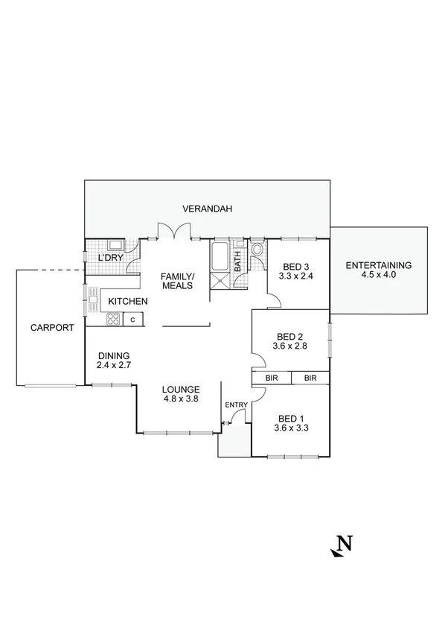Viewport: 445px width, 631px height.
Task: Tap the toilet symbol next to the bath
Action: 257,250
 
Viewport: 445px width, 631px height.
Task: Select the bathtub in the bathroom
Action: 221,256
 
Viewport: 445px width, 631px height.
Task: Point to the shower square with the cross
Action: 221,280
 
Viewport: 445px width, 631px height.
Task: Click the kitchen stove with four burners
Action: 112,320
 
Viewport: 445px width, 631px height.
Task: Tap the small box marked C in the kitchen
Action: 132,320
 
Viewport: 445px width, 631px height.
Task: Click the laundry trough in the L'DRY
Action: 115,245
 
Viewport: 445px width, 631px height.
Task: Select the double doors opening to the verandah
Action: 174,232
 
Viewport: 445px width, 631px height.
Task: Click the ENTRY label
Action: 236,405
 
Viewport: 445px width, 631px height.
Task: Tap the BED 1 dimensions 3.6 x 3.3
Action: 291,428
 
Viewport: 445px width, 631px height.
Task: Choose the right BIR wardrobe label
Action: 310,378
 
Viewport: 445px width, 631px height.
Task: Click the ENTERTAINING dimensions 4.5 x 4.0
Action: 379,275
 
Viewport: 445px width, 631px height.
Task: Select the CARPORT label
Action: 51,327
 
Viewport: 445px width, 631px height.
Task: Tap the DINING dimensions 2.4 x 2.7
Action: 113,366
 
